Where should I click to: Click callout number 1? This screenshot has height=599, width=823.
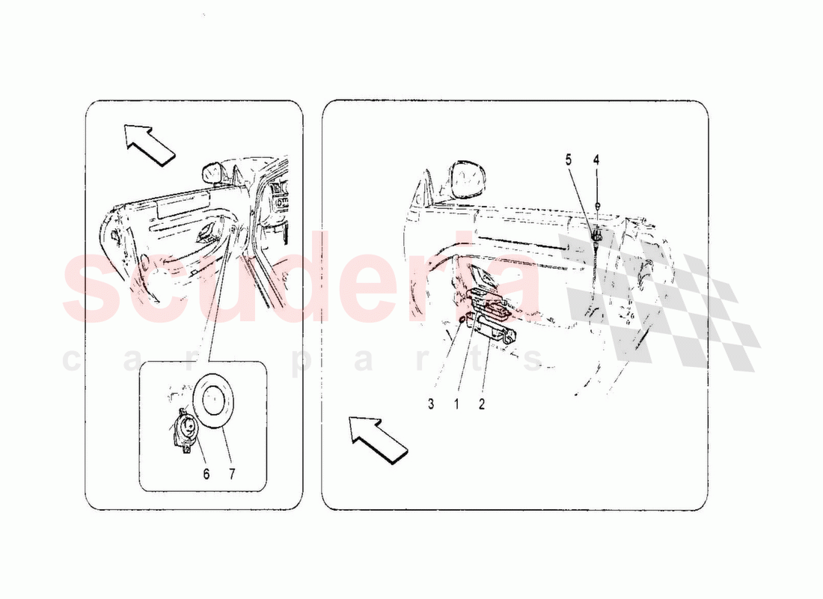tap(456, 404)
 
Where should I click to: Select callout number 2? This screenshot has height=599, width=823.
tap(481, 404)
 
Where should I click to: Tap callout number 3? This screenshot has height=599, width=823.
tap(431, 404)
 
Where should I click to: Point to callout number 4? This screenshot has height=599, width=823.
tap(596, 159)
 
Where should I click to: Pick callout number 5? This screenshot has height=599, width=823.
tap(569, 159)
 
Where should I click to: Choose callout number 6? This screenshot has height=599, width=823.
tap(206, 474)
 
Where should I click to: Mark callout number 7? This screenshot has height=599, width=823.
tap(231, 474)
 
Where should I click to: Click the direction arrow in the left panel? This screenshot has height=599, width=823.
tap(150, 144)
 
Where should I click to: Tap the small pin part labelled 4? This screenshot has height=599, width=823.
tap(597, 205)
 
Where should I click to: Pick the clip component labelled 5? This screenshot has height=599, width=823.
tap(597, 237)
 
